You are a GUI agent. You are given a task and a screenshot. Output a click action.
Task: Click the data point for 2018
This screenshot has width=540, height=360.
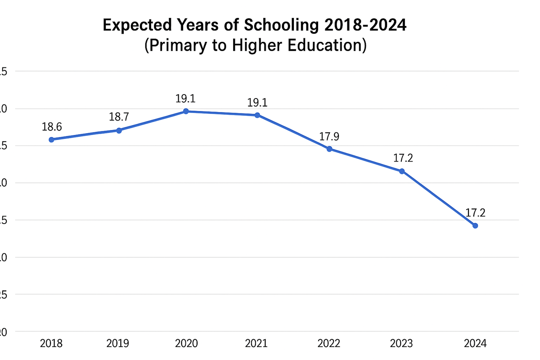pyautogui.click(x=51, y=139)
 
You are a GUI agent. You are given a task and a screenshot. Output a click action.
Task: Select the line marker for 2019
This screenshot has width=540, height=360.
pyautogui.click(x=119, y=130)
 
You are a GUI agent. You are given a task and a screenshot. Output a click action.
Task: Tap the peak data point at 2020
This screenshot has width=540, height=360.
pyautogui.click(x=186, y=111)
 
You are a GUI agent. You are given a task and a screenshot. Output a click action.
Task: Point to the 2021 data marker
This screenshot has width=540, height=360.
pyautogui.click(x=257, y=115)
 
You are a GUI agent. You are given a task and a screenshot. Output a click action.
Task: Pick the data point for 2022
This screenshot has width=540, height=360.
pyautogui.click(x=329, y=149)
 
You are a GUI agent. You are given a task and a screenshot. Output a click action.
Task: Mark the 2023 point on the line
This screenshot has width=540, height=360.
pyautogui.click(x=402, y=171)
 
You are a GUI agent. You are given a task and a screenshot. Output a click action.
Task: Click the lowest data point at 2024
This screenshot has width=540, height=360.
pyautogui.click(x=475, y=225)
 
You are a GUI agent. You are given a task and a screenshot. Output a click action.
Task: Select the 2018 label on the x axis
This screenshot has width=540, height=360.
pyautogui.click(x=51, y=344)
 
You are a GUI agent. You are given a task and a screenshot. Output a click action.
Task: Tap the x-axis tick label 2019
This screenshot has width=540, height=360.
pyautogui.click(x=118, y=344)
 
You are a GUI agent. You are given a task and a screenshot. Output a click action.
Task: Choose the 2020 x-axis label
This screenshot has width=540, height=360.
pyautogui.click(x=186, y=344)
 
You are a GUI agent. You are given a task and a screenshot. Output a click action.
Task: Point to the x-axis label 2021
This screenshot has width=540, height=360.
pyautogui.click(x=256, y=344)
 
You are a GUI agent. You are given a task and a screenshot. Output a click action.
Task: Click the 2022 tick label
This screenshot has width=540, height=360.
pyautogui.click(x=329, y=344)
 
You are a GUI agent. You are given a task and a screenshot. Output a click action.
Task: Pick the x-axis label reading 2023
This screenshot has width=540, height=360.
pyautogui.click(x=401, y=344)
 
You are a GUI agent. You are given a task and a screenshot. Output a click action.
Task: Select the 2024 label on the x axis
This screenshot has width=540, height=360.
pyautogui.click(x=475, y=344)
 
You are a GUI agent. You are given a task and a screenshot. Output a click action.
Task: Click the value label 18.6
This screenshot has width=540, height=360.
pyautogui.click(x=52, y=127)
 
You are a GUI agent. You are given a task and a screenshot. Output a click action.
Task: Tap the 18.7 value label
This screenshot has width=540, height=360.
pyautogui.click(x=119, y=117)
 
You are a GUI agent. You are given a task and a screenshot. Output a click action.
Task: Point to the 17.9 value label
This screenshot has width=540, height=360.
pyautogui.click(x=329, y=136)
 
